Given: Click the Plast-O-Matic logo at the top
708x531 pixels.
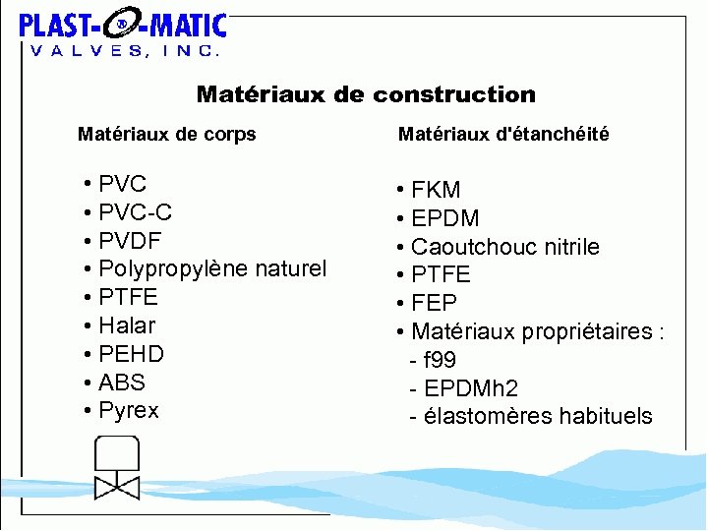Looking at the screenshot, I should click(123, 33).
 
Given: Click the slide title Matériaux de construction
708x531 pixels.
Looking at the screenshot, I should click(366, 94).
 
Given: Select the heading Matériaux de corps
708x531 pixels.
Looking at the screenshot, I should click(166, 135).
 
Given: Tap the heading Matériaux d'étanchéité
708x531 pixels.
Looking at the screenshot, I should click(502, 135).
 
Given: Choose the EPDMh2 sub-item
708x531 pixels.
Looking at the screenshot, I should click(464, 388).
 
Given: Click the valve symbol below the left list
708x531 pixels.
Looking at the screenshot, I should click(117, 467).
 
